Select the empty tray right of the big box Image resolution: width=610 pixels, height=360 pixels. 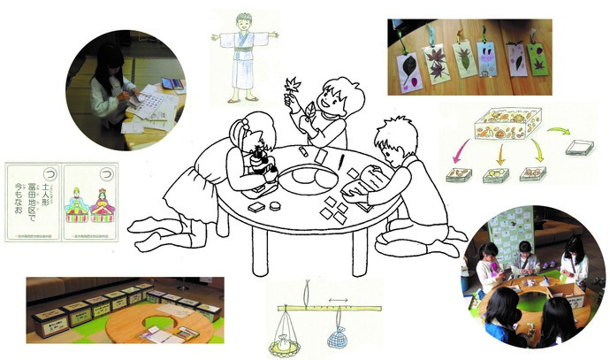(580, 149)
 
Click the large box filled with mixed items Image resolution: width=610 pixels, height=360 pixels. (504, 128)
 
